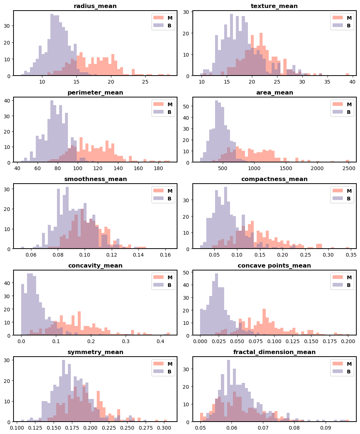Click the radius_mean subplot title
[95, 6]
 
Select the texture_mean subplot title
[274, 6]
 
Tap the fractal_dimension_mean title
[274, 352]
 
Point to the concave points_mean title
[274, 266]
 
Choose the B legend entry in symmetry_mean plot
[164, 372]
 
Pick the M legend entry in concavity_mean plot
[164, 277]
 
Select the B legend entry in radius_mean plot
[164, 26]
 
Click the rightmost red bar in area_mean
[347, 161]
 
